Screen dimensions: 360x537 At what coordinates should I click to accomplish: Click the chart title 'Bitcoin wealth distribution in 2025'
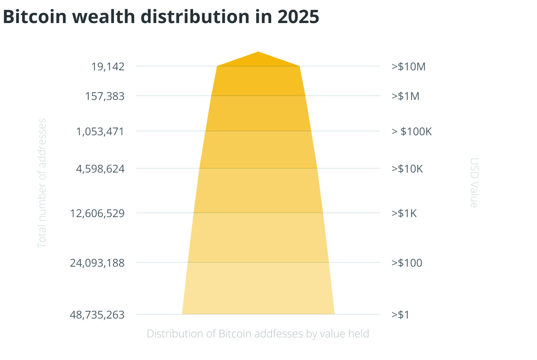click(x=161, y=17)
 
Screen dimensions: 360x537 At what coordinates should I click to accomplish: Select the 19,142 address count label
click(x=108, y=66)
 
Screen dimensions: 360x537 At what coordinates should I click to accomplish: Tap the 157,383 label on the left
click(x=105, y=96)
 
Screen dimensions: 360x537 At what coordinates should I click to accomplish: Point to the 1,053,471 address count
click(x=100, y=132)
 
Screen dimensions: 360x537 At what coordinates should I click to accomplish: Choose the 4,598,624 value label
click(x=100, y=169)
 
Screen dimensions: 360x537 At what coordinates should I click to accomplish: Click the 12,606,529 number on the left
click(x=97, y=213)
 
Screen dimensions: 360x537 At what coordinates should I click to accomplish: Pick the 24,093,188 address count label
click(x=97, y=263)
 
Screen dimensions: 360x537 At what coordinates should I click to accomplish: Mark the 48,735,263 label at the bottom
click(x=97, y=315)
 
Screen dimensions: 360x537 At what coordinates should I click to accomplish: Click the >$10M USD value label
click(x=409, y=66)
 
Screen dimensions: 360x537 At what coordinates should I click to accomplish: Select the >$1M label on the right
click(x=405, y=96)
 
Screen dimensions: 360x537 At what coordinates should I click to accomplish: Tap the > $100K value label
click(x=412, y=132)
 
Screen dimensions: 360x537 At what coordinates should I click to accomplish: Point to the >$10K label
click(x=407, y=169)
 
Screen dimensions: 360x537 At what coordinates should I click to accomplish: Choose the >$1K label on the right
click(x=404, y=213)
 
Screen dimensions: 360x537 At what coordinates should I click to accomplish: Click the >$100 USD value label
click(x=407, y=263)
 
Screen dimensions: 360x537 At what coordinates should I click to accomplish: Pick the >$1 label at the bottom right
click(x=400, y=315)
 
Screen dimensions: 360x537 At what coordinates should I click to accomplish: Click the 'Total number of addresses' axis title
click(x=42, y=183)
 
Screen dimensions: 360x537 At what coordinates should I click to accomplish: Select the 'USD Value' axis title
click(x=474, y=183)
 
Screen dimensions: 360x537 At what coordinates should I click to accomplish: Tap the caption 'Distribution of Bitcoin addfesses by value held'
click(x=258, y=333)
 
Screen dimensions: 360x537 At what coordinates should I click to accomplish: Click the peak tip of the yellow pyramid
click(x=258, y=52)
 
